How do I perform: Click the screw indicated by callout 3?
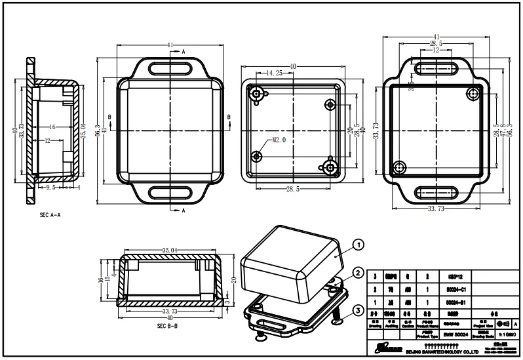pyautogui.click(x=336, y=319)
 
